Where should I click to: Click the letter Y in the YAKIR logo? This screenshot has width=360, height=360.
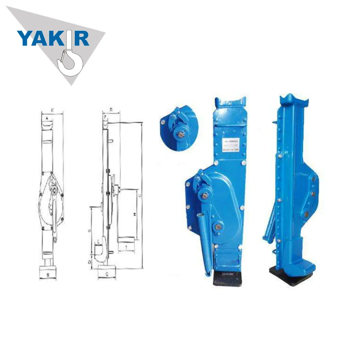tap(24, 38)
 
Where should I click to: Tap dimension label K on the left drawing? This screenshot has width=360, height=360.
tap(52, 109)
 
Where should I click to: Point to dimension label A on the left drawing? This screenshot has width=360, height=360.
tap(47, 118)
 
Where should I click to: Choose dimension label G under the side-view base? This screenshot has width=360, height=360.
tap(107, 274)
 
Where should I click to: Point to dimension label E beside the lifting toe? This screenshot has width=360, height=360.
tap(98, 242)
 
